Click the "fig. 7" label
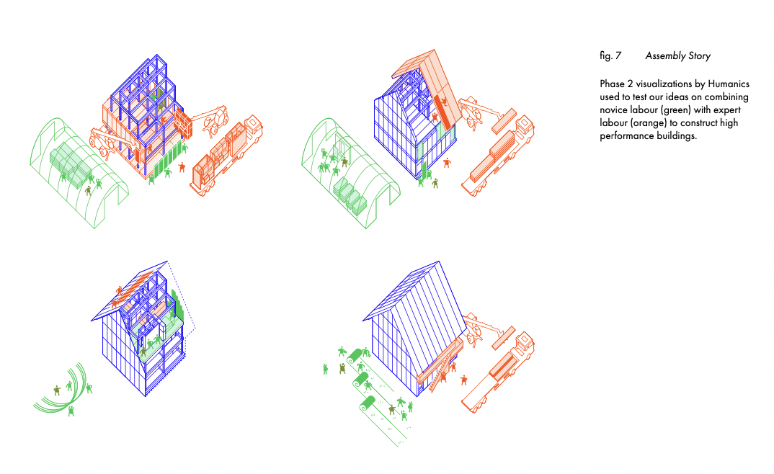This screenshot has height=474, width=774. click(610, 56)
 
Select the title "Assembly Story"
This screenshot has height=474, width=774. click(677, 56)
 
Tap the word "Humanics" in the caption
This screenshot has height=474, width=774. click(729, 84)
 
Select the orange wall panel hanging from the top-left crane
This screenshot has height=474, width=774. click(182, 123)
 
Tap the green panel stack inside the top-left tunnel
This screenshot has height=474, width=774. click(71, 161)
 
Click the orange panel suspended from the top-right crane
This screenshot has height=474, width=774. click(504, 121)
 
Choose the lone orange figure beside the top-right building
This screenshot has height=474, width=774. click(448, 163)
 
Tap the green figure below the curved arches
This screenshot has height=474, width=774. click(71, 411)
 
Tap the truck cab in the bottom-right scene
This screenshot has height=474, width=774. click(524, 345)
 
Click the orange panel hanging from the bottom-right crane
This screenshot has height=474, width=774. click(504, 338)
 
